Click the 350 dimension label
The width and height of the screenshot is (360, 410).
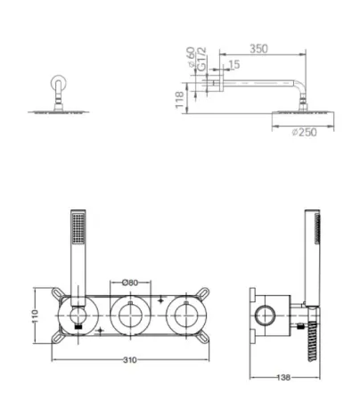click(258, 48)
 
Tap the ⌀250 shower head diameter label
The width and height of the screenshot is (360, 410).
click(305, 132)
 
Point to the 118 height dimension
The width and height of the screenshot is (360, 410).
click(179, 100)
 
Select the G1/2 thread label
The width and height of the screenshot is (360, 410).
click(201, 59)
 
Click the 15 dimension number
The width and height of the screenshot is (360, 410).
click(234, 64)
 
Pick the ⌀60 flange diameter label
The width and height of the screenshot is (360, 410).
click(191, 56)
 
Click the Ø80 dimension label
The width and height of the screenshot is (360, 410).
click(130, 283)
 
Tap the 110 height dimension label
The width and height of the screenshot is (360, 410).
click(36, 316)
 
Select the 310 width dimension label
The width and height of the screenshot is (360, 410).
click(130, 360)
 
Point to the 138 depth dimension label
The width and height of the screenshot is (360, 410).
click(283, 377)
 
